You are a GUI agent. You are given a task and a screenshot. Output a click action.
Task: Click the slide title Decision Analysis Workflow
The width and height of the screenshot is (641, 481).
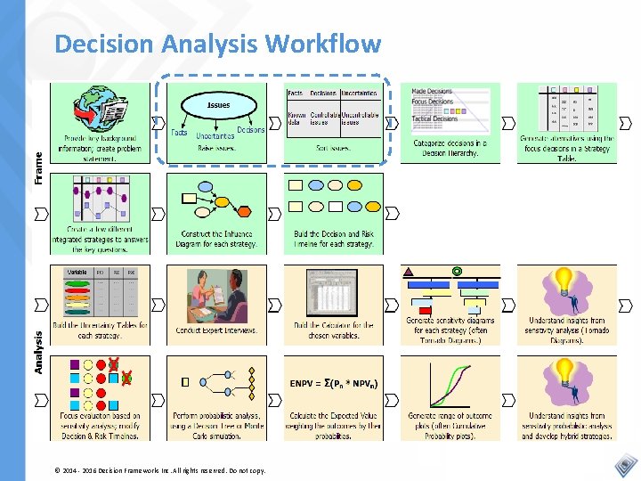click(217, 44)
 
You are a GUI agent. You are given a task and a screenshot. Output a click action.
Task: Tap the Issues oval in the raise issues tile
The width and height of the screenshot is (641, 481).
click(218, 105)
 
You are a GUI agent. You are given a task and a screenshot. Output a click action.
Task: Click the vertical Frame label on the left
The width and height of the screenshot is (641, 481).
click(38, 167)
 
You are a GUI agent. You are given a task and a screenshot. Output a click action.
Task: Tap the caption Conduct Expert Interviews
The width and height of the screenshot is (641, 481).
click(215, 330)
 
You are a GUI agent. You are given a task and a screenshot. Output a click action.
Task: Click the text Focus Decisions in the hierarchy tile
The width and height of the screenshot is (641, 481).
click(434, 102)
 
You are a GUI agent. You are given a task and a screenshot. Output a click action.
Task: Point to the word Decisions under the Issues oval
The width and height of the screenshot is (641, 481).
click(251, 130)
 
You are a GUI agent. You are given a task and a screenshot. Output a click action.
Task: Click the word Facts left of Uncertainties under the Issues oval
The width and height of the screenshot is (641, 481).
click(179, 133)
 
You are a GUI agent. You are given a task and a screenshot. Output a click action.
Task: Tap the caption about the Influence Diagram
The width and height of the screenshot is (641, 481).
click(215, 239)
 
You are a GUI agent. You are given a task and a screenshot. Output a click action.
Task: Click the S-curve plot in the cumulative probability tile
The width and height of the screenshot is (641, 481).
click(449, 383)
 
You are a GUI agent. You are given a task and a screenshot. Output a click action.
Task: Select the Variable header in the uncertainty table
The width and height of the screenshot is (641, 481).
click(77, 272)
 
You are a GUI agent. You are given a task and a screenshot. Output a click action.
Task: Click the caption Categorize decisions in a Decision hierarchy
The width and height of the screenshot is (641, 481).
click(450, 148)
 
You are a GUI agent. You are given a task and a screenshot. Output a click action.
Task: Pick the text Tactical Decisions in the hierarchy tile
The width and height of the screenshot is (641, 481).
click(434, 118)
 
